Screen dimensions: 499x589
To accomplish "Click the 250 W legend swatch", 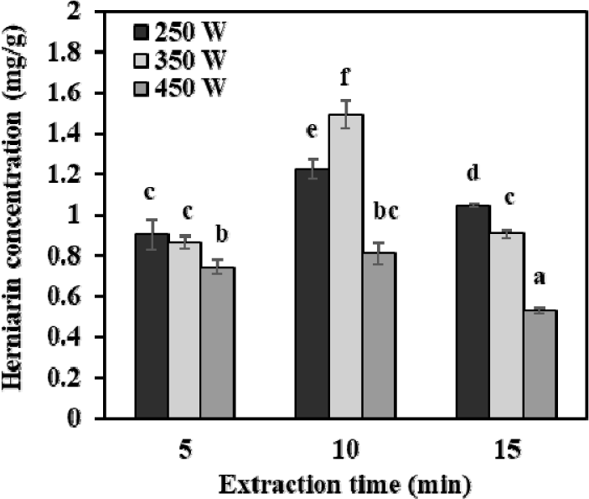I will click(141, 33).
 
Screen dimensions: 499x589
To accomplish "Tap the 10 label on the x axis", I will click(345, 450).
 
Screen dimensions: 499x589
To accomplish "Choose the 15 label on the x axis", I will click(505, 450).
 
